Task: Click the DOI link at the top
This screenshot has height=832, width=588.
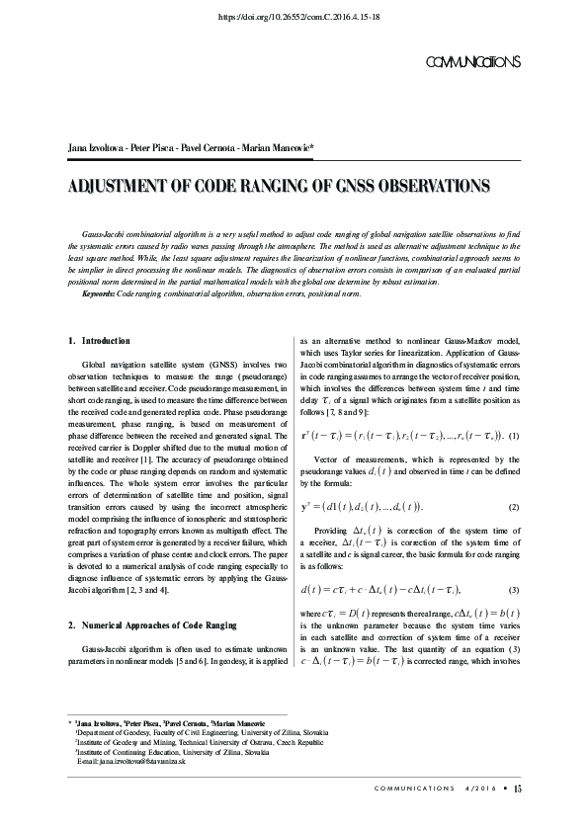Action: click(x=294, y=18)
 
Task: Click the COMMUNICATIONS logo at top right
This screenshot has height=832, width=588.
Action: click(x=470, y=61)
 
